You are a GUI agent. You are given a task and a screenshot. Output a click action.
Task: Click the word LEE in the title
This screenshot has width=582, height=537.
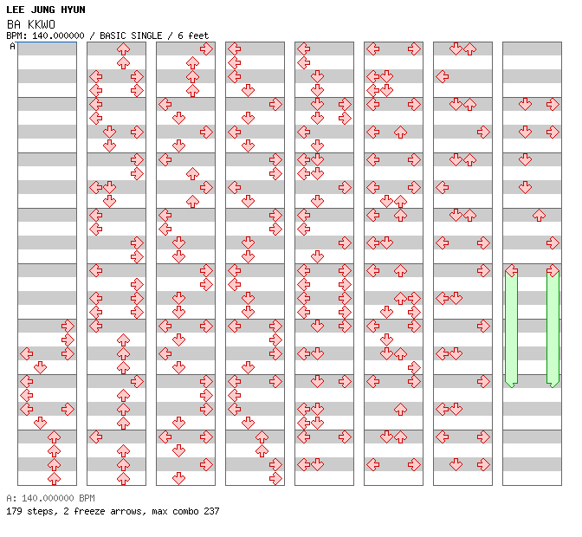click(x=16, y=10)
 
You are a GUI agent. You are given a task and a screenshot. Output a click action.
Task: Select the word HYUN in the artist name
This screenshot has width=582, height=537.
click(x=73, y=10)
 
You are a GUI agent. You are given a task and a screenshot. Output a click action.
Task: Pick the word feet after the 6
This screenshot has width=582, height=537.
click(x=198, y=36)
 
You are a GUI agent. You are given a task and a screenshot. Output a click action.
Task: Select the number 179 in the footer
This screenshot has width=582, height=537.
click(x=14, y=511)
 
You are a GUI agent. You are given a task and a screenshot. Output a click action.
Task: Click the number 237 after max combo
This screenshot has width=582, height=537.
click(x=211, y=511)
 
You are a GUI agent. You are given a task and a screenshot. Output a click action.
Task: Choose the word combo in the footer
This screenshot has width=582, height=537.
click(x=185, y=511)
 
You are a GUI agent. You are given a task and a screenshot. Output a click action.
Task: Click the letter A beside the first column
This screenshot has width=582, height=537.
click(x=13, y=47)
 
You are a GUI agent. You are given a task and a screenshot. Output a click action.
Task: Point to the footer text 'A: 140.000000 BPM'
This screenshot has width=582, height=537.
click(x=51, y=498)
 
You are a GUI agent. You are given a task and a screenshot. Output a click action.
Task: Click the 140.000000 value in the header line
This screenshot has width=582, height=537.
click(x=58, y=36)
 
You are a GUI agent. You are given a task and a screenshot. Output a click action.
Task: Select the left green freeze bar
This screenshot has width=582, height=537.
click(x=512, y=328)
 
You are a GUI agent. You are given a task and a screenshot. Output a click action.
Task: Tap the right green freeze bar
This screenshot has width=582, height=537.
click(x=553, y=328)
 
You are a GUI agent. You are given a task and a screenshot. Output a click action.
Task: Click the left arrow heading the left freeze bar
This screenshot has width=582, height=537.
click(x=512, y=270)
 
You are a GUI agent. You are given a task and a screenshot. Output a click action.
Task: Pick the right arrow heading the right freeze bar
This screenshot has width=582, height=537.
click(x=553, y=270)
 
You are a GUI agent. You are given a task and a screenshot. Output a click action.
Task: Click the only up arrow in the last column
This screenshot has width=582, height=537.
click(x=539, y=216)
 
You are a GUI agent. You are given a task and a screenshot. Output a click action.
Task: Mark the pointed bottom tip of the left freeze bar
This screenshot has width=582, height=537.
click(x=512, y=388)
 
